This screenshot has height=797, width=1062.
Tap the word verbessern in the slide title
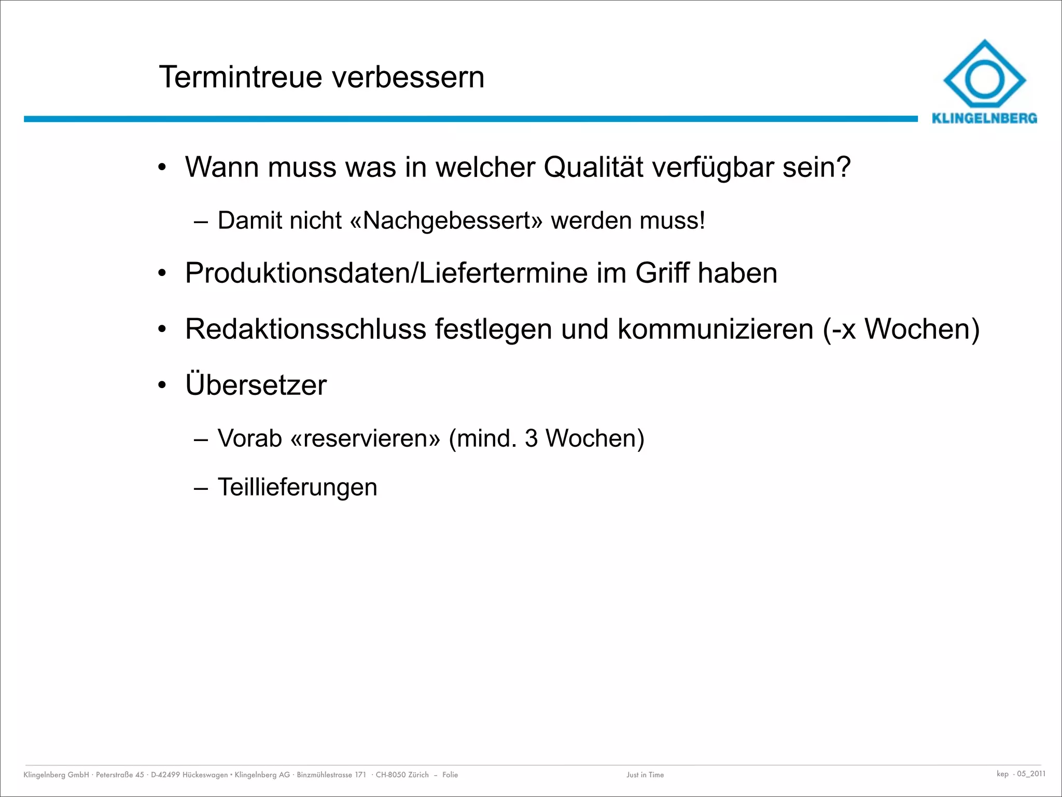pyautogui.click(x=408, y=77)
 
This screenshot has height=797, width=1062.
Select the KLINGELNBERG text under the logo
pyautogui.click(x=984, y=118)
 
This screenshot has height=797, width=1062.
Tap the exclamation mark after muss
pyautogui.click(x=702, y=221)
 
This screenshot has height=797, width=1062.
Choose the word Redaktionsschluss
pyautogui.click(x=305, y=329)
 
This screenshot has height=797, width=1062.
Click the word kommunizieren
pyautogui.click(x=715, y=329)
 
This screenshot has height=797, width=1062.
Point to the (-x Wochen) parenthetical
pyautogui.click(x=901, y=329)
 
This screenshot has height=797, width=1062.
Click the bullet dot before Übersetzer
pyautogui.click(x=162, y=386)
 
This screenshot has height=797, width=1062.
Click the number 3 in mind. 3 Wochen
pyautogui.click(x=531, y=438)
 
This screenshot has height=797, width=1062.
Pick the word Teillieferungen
pyautogui.click(x=298, y=487)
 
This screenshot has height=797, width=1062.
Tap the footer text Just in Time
pyautogui.click(x=645, y=775)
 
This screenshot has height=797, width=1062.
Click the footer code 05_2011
pyautogui.click(x=1031, y=774)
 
